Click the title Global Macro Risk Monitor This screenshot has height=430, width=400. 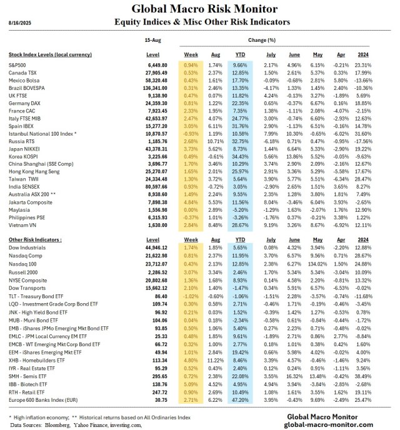(200, 9)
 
